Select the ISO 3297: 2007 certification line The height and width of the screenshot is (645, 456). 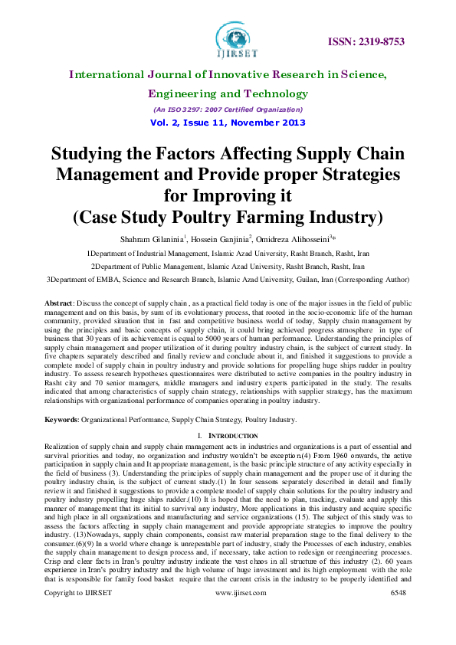click(228, 110)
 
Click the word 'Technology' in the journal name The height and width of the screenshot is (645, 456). click(277, 93)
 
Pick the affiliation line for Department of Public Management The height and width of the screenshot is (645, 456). click(228, 266)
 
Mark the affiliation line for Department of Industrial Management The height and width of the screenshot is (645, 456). click(228, 252)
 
